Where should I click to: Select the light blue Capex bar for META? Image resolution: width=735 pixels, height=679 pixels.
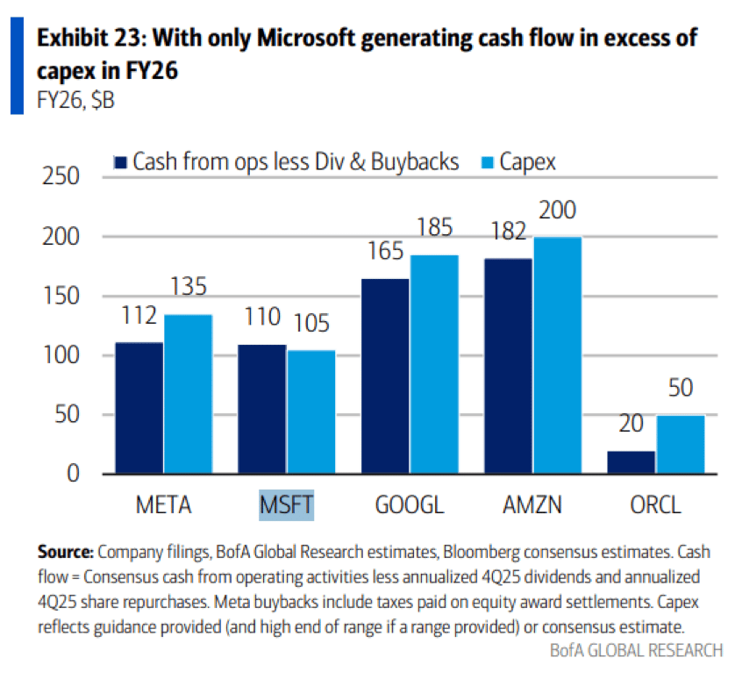coord(188,395)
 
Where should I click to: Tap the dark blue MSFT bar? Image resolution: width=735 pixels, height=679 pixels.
coord(262,409)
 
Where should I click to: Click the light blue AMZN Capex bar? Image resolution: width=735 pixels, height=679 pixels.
coord(556,355)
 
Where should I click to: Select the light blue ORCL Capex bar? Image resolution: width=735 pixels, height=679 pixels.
coord(681,445)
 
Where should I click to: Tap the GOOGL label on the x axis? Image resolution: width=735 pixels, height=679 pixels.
coord(410,505)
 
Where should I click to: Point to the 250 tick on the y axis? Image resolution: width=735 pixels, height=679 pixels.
coord(61,178)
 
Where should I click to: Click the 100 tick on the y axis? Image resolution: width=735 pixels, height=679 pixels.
coord(61,356)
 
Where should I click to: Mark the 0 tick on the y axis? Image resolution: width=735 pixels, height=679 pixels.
coord(73,475)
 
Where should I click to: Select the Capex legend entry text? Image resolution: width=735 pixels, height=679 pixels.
coord(527,161)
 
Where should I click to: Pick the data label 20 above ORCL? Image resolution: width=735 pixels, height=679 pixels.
coord(630,425)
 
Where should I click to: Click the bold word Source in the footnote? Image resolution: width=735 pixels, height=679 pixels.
coord(65,553)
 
